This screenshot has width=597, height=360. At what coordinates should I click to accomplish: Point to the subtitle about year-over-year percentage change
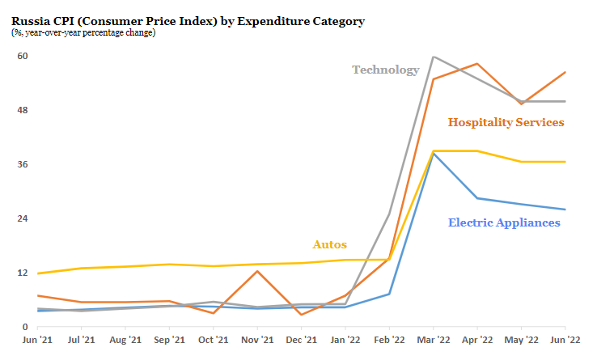(83, 33)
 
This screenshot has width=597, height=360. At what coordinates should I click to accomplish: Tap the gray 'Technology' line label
(385, 70)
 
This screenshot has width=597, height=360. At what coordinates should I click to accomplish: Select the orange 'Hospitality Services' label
(506, 122)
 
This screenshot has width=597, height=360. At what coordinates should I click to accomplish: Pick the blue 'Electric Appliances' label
(503, 222)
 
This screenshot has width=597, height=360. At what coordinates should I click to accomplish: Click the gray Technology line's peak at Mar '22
(434, 57)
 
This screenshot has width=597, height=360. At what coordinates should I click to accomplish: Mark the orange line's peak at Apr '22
(478, 63)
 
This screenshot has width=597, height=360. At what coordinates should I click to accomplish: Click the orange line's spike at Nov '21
(257, 271)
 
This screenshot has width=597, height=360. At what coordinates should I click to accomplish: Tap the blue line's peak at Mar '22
(434, 153)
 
